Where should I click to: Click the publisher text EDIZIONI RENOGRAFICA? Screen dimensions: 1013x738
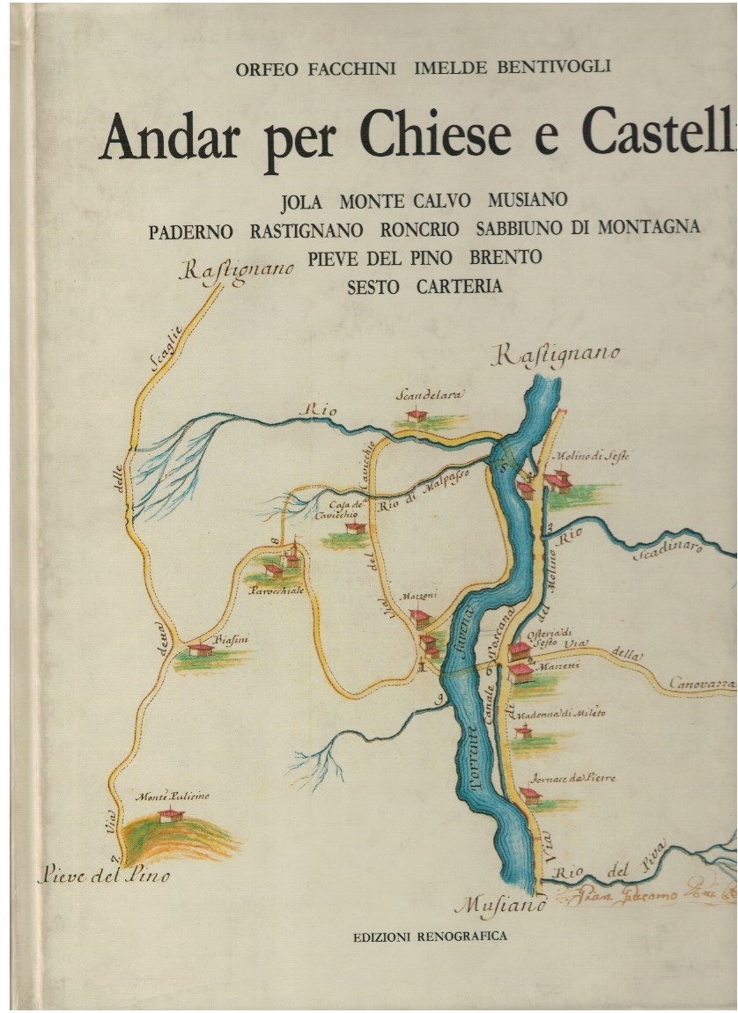(x=430, y=936)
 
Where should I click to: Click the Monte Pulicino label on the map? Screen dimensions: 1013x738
(x=173, y=796)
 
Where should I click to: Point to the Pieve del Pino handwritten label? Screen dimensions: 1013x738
(x=104, y=875)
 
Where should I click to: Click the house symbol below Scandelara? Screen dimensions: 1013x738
(x=417, y=415)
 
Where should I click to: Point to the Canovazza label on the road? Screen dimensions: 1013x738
(x=701, y=683)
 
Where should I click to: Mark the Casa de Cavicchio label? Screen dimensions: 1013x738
(x=346, y=509)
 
